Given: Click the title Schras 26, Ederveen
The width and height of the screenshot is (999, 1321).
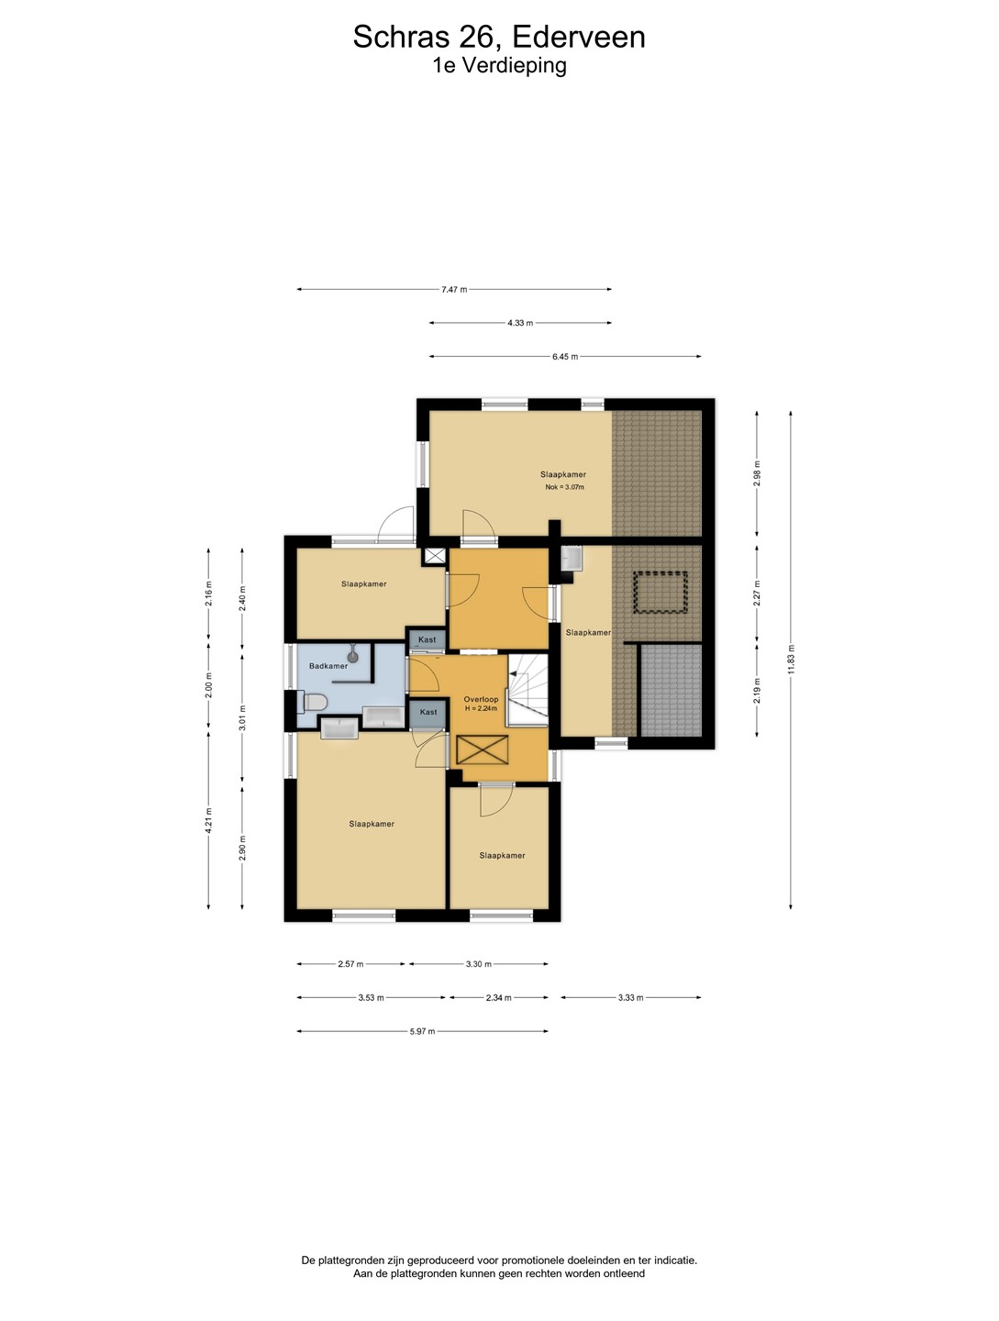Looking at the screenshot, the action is tap(499, 38).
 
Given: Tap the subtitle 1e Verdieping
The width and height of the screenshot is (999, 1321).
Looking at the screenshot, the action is tap(499, 66).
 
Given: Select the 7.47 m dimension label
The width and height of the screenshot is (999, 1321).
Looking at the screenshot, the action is tap(454, 290).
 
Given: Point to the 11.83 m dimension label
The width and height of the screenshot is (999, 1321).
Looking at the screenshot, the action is tap(791, 659).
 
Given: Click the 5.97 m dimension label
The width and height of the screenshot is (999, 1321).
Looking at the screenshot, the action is tap(422, 1031).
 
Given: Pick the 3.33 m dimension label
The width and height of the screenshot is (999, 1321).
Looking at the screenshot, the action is tap(630, 998).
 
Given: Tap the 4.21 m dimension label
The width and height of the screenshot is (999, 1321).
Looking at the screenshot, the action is tap(208, 820).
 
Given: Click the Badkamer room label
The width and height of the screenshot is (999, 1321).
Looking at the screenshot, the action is tap(328, 666).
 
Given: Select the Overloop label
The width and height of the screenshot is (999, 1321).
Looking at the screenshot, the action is tap(481, 699).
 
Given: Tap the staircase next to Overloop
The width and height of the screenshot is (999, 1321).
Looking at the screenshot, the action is tap(527, 690).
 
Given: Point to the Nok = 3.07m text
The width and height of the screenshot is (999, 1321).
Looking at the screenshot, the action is tap(564, 487).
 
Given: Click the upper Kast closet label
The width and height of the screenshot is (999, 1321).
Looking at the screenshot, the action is tap(427, 639).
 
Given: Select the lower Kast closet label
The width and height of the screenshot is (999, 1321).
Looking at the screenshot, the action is tap(427, 712).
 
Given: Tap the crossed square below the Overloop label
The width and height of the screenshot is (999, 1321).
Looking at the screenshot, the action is tap(482, 749).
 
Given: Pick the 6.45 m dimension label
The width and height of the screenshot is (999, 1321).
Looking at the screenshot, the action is tap(564, 357).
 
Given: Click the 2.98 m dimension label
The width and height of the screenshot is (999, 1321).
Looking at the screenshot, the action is tap(757, 473).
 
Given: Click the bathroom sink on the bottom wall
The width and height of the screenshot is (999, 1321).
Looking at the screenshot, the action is tap(339, 728).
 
